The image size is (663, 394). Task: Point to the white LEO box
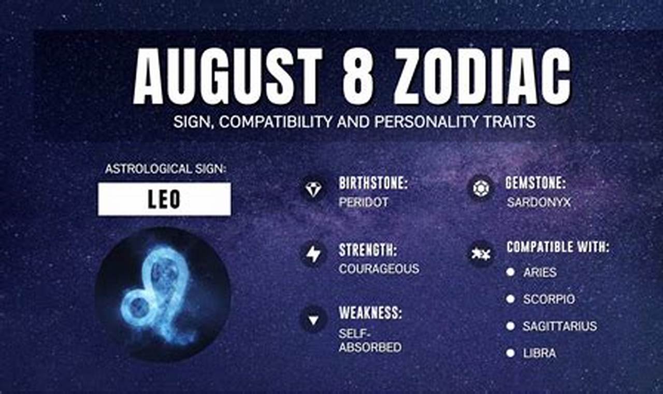point(164,199)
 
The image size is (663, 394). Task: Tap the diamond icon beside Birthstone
point(313,189)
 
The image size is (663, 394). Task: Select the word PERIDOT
point(364,202)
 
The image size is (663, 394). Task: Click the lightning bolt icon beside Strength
point(313,255)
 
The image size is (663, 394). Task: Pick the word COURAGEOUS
point(379,269)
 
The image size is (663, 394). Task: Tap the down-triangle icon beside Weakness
point(313,320)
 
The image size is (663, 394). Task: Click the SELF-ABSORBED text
point(370,341)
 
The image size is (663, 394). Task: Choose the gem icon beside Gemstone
point(480,188)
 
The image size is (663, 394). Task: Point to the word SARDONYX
point(539,202)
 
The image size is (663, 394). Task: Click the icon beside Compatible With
point(480,254)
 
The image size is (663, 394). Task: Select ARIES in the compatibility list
point(540,272)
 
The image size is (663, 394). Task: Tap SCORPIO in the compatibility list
point(549,299)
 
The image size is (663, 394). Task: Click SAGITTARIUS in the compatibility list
point(559,326)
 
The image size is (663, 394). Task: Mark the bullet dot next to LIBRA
point(511,353)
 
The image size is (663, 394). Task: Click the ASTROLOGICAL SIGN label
point(165,169)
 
